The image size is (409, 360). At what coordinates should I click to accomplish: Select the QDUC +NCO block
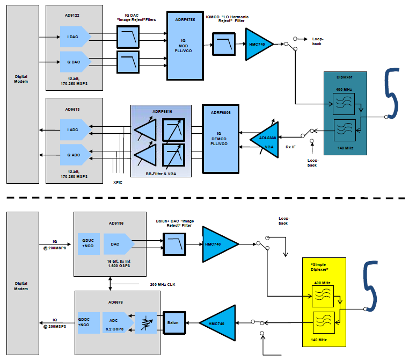click(87, 244)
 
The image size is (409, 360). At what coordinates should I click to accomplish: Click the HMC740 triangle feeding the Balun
click(220, 323)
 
